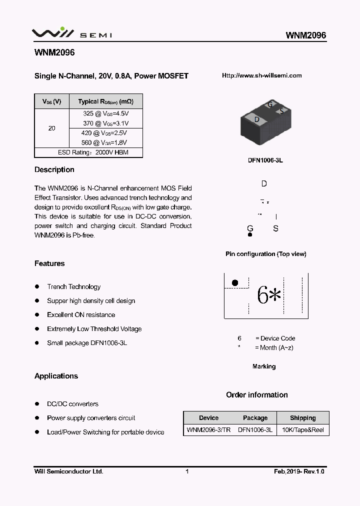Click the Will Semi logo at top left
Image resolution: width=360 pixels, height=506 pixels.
[72, 33]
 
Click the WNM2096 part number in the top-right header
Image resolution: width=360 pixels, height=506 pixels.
[305, 35]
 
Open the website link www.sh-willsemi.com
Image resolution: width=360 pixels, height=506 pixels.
[261, 75]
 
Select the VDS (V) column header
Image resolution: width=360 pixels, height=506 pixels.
[51, 101]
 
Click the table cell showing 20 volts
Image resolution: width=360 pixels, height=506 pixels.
[51, 128]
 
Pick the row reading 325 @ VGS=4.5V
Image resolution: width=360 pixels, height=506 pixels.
[105, 114]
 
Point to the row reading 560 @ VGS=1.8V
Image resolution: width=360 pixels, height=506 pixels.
[105, 142]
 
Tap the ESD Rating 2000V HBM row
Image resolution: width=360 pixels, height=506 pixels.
[88, 152]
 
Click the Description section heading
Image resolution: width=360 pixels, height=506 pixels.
[54, 170]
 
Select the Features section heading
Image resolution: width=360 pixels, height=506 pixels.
[49, 263]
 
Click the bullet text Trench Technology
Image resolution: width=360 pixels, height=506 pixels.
[73, 287]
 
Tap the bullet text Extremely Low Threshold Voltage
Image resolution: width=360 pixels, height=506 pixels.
[94, 329]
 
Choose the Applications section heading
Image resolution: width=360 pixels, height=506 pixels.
[56, 376]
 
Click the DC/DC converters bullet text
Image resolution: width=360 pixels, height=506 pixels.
[72, 404]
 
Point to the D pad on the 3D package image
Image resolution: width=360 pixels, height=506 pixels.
[256, 119]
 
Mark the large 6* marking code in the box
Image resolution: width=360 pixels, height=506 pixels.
[269, 295]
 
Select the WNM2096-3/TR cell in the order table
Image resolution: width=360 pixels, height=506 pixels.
[208, 430]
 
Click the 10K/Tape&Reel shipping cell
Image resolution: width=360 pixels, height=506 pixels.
[302, 430]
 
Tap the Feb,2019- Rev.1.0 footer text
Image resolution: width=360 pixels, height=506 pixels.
[299, 471]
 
